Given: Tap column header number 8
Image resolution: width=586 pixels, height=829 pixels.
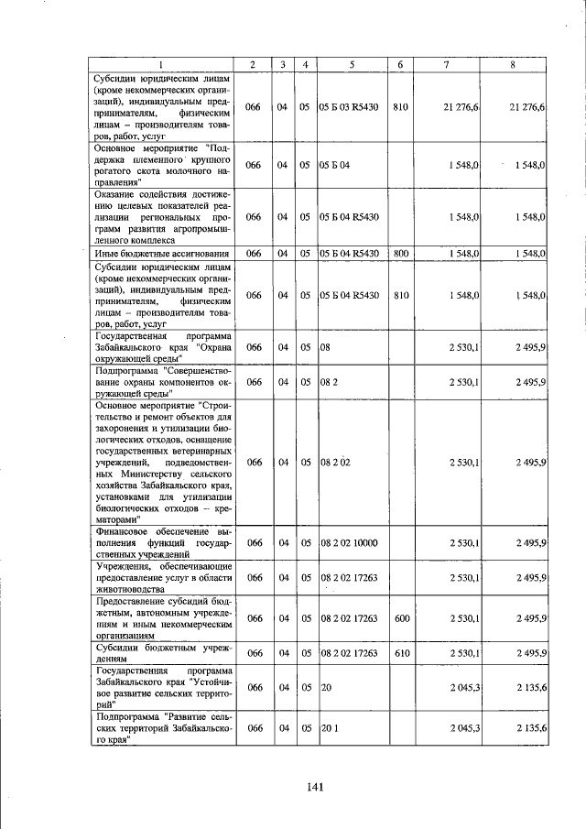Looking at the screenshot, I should coord(512,64).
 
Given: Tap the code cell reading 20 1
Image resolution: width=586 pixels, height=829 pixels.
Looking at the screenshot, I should coord(329,728).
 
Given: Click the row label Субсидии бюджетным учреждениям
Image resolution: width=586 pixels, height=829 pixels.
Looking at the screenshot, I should coord(163,653).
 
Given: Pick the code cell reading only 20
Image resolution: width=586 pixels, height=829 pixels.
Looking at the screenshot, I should coord(325,688).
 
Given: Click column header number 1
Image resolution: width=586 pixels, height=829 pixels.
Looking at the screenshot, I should coord(162,64).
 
